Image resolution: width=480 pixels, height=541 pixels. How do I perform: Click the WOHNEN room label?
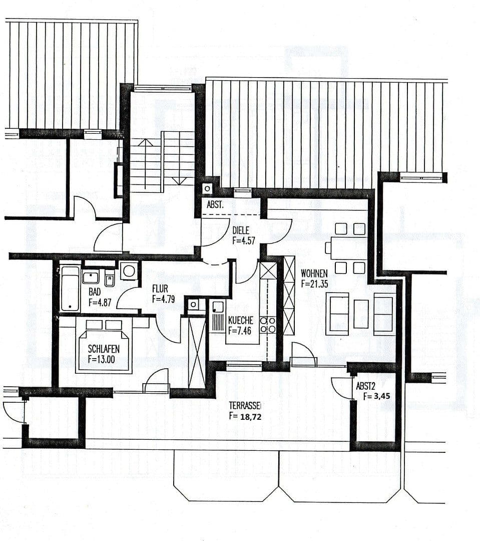(x=314, y=274)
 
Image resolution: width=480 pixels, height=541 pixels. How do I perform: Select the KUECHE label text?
(x=241, y=320)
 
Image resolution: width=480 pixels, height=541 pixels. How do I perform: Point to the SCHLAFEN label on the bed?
(x=104, y=349)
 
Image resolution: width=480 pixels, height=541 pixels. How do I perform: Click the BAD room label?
(x=95, y=292)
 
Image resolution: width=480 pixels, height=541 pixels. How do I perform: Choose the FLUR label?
(x=160, y=289)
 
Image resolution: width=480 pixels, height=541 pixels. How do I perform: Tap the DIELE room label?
(x=241, y=230)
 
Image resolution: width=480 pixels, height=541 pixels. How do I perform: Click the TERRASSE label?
(x=245, y=406)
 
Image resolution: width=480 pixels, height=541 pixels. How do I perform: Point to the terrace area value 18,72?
(x=250, y=416)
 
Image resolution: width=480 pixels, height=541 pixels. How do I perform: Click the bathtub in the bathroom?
(x=70, y=289)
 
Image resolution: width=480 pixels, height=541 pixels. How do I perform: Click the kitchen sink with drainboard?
(x=218, y=317)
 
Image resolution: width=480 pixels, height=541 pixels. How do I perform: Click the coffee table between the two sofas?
(x=361, y=314)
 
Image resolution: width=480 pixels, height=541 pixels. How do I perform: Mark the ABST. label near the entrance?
(x=216, y=205)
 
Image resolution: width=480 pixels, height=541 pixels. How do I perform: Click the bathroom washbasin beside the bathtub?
(x=91, y=277)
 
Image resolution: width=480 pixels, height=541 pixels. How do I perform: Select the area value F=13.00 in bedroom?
(x=104, y=359)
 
